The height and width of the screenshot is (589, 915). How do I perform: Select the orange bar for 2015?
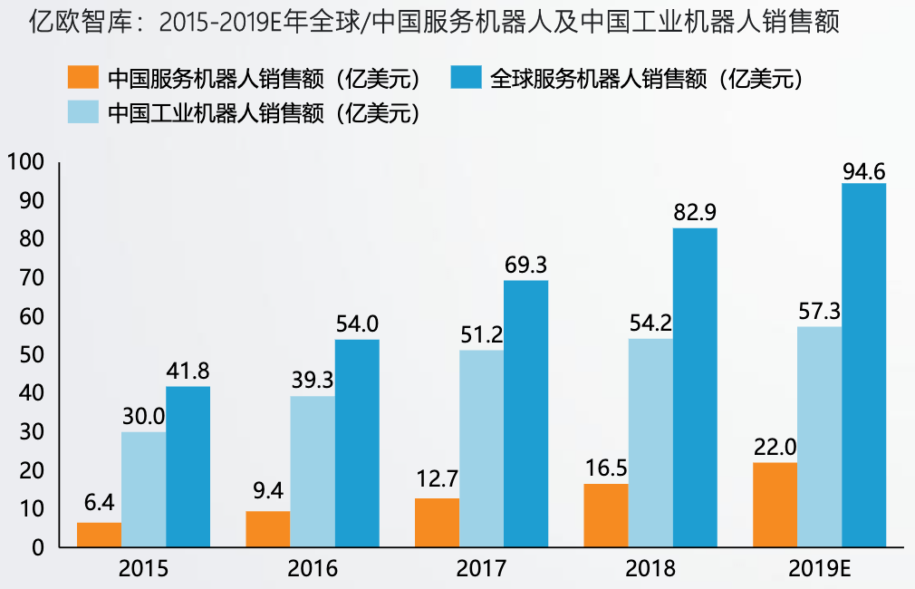(99, 535)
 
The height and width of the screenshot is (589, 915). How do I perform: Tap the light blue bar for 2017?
(481, 449)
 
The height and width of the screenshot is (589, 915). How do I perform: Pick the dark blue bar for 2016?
(357, 443)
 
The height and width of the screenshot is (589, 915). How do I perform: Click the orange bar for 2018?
(605, 516)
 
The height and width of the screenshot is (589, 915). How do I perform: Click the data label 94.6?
(863, 170)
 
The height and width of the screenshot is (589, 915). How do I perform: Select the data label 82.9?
(695, 214)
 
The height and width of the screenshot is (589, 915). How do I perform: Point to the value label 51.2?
(481, 335)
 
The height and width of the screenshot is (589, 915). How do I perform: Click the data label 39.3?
(313, 381)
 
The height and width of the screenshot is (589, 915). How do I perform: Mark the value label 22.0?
(775, 448)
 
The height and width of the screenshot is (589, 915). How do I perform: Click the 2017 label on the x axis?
(481, 568)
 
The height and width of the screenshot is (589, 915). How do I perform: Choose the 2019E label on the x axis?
(819, 568)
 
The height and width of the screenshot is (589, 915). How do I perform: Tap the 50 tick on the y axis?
(30, 355)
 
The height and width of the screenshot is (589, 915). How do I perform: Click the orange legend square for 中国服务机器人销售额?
(84, 78)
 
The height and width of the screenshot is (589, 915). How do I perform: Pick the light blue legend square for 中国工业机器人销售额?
(84, 112)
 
